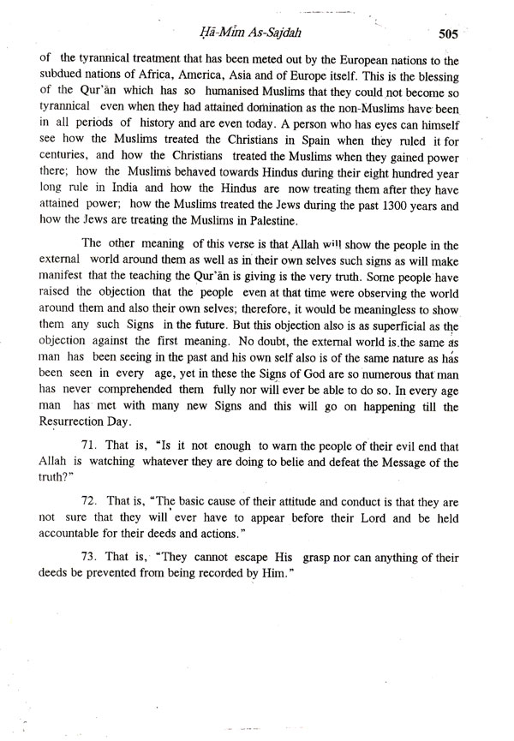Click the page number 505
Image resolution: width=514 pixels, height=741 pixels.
click(448, 35)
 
